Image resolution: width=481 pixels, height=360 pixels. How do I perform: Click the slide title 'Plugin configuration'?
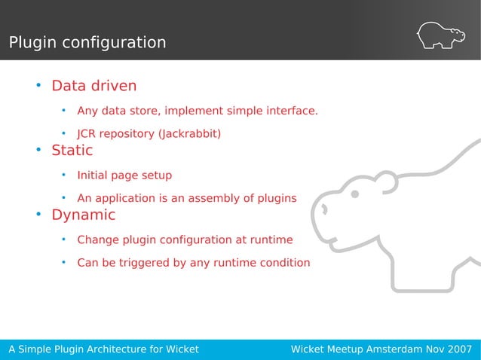pos(87,42)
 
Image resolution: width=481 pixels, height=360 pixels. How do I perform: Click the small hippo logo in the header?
pos(440,35)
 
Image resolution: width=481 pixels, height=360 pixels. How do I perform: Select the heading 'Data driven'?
pos(93,85)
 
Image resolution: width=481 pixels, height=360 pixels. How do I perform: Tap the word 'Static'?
pos(72,150)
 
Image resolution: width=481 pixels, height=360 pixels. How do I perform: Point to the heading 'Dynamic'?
pos(83,215)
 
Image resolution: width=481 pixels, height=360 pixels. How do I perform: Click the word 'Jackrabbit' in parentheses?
pos(188,135)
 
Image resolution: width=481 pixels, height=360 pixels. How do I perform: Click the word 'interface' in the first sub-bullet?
pos(290,111)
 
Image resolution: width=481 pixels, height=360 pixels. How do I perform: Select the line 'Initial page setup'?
pos(124,175)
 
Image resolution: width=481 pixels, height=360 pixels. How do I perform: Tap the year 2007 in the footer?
pos(458,349)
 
